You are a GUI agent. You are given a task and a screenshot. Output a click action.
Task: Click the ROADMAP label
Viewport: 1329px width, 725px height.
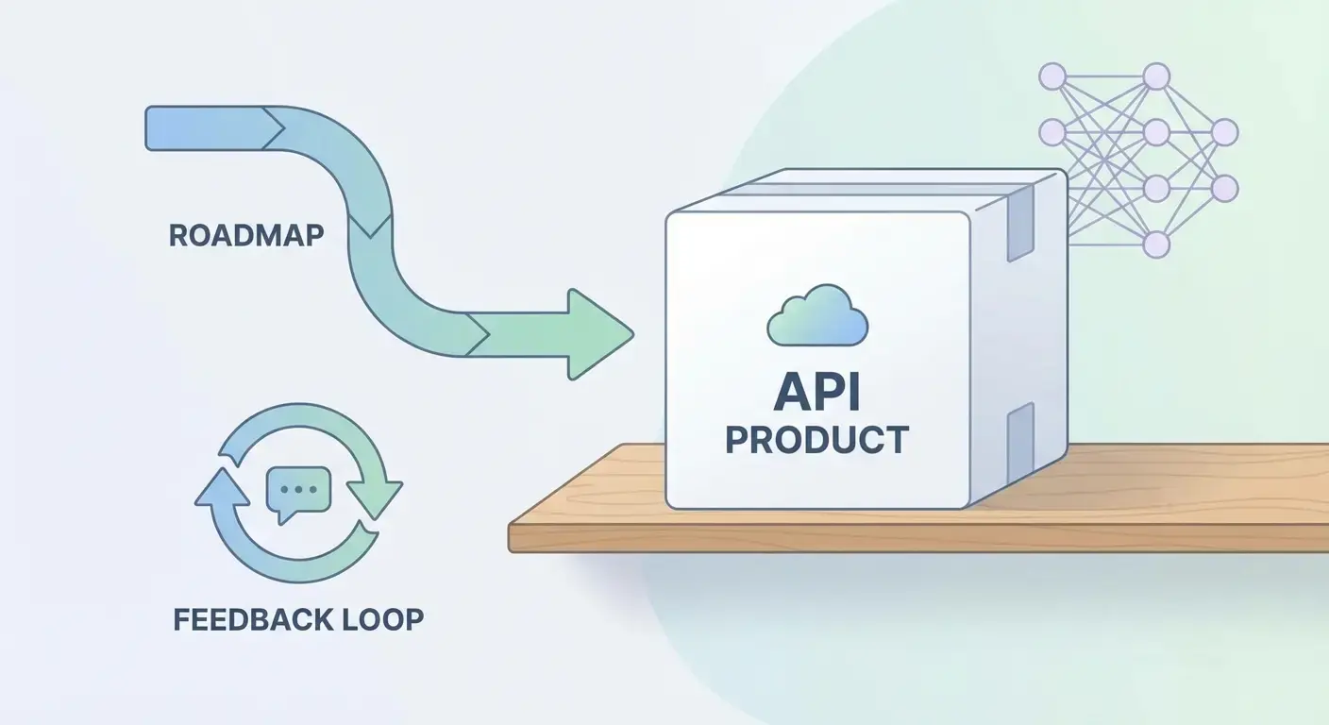(245, 234)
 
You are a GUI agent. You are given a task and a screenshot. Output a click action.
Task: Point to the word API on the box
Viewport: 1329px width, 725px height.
(817, 394)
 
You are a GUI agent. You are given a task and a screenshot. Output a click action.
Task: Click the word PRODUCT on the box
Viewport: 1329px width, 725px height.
(817, 440)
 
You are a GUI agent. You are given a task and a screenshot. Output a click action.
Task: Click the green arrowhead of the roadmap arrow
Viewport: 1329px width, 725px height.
(598, 333)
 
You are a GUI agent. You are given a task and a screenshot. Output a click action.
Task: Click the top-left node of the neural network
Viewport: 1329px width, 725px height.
(1051, 76)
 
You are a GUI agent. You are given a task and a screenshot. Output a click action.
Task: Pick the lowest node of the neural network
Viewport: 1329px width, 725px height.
(1155, 245)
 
